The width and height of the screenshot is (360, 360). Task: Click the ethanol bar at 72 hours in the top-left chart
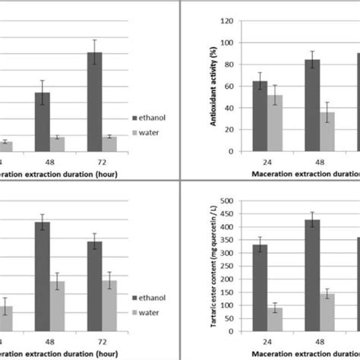tap(93, 102)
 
